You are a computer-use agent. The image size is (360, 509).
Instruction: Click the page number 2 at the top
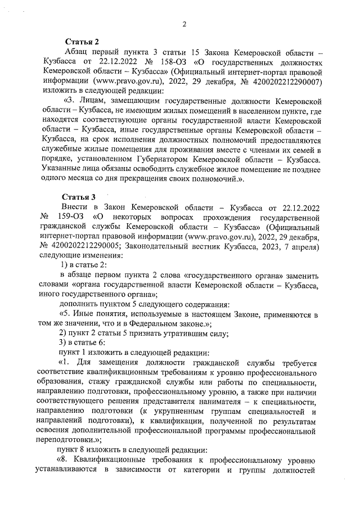point(184,23)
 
